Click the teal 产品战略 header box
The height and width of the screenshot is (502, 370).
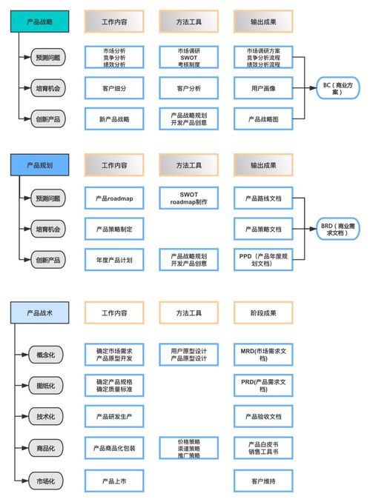39,22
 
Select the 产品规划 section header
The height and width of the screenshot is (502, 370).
39,164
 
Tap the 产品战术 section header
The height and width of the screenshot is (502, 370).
39,313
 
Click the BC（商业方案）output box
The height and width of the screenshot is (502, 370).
337,89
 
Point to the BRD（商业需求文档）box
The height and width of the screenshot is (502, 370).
337,230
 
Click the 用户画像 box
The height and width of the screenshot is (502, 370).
263,88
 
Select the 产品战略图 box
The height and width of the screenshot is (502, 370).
263,118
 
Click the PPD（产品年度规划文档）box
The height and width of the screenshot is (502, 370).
263,260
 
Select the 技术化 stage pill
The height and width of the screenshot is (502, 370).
46,416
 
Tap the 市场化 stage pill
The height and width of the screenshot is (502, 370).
46,481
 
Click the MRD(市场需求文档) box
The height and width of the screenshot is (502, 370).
263,354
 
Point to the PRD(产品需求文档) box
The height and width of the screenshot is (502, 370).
263,385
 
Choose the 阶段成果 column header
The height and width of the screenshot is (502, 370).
263,313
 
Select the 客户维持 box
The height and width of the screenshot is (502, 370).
263,481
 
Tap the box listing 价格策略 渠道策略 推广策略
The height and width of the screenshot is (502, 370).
188,448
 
